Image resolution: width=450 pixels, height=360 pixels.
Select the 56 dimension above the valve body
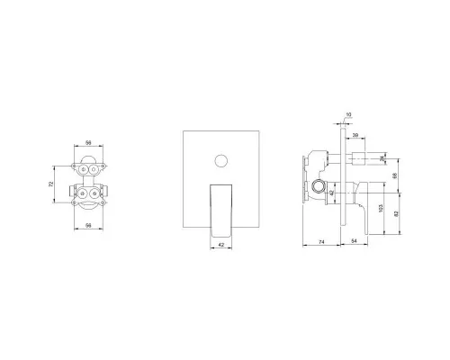89,142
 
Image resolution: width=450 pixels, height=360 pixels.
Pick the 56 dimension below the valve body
89,224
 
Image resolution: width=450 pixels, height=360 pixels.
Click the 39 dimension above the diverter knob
357,135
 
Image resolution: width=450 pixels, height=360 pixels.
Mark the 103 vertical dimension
382,208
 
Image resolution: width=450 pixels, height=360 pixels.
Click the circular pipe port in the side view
319,188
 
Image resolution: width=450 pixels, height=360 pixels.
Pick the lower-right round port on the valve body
95,193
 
